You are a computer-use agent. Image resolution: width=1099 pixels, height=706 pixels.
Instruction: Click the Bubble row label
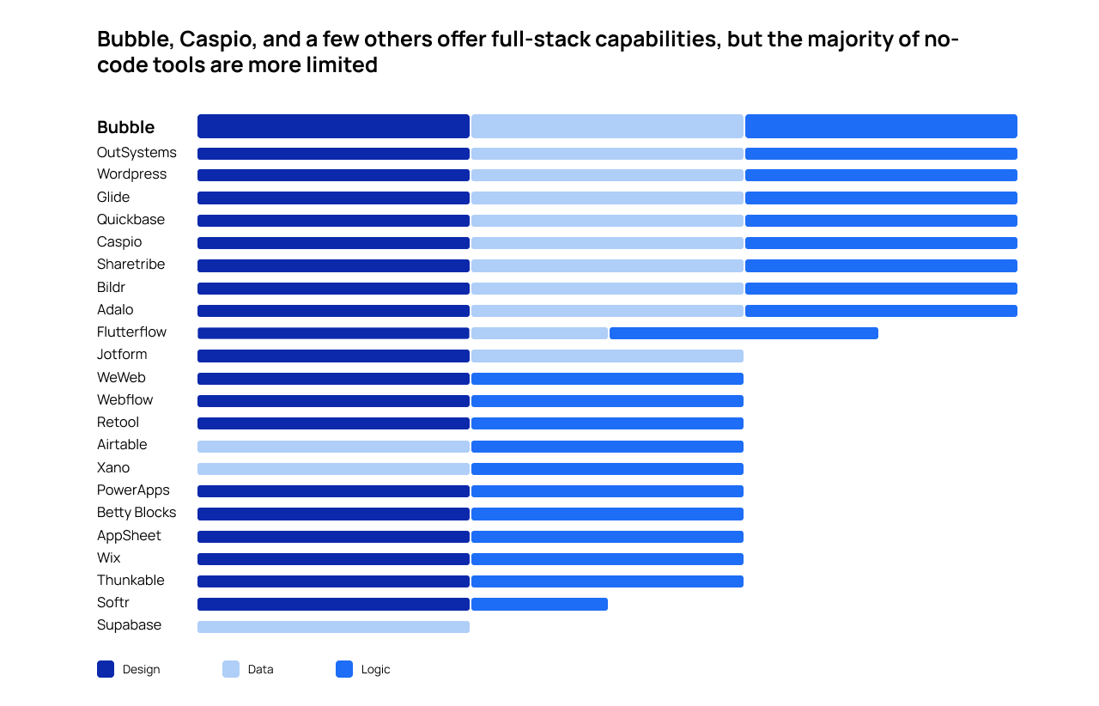125,127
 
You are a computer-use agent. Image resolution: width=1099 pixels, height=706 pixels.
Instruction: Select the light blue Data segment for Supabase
333,627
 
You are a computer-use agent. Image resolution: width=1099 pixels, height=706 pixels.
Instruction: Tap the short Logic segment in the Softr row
539,605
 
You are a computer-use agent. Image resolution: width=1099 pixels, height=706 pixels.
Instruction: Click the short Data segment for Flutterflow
539,333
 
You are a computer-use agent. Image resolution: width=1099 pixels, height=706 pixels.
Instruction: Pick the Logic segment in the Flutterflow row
744,333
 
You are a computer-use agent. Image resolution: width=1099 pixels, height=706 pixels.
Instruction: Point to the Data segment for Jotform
607,356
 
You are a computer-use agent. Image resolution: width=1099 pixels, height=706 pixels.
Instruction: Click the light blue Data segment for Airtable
333,447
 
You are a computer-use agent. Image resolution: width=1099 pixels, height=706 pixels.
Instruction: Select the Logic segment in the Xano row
607,469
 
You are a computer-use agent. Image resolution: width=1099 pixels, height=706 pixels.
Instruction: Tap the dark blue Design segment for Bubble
333,126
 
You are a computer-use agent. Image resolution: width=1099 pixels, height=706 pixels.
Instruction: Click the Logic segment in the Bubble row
881,126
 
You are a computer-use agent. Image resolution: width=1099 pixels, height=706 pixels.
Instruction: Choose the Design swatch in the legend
106,669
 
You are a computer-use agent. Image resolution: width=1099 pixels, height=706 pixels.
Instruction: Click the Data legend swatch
231,669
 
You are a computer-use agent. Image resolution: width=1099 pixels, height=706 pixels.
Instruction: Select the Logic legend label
375,669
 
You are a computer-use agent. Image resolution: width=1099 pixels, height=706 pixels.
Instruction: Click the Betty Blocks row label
137,513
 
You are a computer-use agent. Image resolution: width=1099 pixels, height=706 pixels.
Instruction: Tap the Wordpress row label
131,174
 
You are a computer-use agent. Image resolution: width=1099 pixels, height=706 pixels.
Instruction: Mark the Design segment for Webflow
333,401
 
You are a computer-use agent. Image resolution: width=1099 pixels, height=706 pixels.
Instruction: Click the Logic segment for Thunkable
607,581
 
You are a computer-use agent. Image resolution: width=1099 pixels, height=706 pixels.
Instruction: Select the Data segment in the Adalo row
607,311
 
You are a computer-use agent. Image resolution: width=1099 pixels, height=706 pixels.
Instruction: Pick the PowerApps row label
133,490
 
